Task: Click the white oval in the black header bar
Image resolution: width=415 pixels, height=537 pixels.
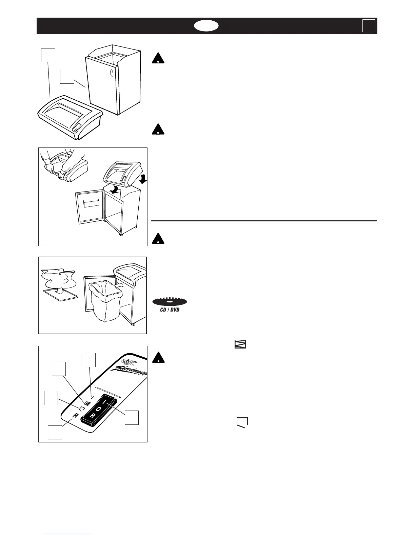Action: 206,26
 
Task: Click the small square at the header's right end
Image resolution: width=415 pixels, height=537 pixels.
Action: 369,26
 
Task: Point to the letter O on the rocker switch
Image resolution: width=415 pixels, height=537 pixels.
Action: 99,409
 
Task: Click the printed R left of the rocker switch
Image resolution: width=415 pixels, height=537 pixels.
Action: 75,416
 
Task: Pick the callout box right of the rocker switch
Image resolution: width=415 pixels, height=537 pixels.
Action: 132,417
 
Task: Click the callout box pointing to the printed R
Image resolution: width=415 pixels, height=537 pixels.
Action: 55,433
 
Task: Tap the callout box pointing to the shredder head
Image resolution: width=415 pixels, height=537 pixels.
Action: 48,55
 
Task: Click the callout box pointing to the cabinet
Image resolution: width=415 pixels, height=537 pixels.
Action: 67,77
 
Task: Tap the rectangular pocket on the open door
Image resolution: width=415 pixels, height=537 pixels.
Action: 93,203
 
